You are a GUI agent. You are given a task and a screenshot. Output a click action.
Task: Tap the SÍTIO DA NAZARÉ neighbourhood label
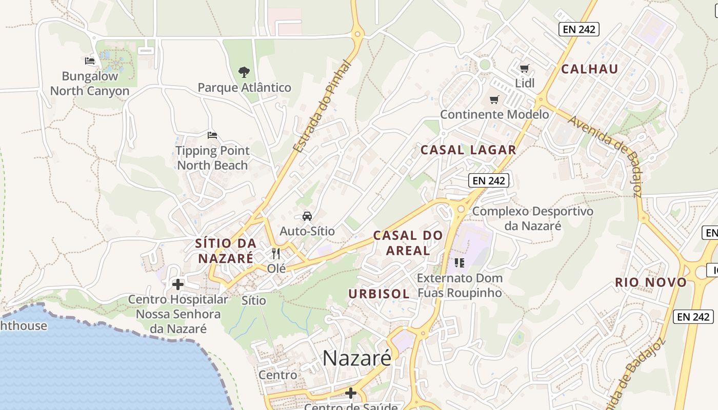point(226,251)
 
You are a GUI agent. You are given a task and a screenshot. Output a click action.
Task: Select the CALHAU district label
point(589,69)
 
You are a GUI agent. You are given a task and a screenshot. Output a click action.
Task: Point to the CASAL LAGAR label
point(468,150)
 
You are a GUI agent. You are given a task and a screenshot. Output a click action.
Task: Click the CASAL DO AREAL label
point(408,243)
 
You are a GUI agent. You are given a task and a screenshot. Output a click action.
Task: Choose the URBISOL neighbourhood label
point(379,294)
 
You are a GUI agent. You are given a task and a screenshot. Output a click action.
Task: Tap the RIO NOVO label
point(651,282)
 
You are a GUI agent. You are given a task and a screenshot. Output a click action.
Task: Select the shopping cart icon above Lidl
point(524,68)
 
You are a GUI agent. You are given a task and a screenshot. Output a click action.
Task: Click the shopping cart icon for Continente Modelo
point(494,99)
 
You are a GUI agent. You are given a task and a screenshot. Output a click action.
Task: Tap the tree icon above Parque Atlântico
point(244,72)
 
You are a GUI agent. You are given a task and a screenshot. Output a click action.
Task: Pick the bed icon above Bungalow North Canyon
point(90,61)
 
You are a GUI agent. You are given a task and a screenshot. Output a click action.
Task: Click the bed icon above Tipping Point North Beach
point(212,135)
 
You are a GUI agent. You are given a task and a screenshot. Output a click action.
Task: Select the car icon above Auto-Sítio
point(307,216)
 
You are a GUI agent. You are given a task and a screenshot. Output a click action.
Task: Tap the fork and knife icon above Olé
point(276,253)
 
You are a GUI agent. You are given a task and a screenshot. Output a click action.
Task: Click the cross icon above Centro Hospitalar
point(178,284)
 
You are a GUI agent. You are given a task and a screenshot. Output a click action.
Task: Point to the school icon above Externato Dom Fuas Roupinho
point(459,263)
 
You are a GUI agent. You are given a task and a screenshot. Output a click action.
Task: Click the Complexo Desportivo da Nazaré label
point(532,218)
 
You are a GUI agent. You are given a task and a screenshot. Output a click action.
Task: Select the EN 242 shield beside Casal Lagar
point(489,180)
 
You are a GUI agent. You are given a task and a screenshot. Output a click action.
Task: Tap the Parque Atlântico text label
point(244,88)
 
